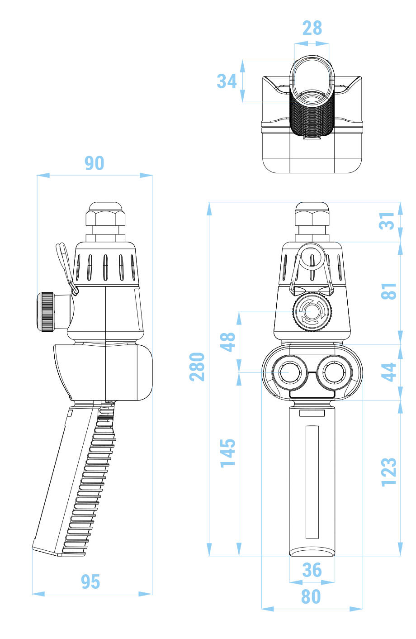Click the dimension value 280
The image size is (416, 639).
tap(197, 367)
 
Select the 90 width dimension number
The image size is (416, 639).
tap(94, 163)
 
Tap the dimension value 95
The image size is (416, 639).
tap(90, 582)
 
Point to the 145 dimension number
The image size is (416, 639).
tap(228, 453)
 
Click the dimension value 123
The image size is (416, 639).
tap(389, 472)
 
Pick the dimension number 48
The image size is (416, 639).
tap(228, 342)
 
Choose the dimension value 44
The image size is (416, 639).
tap(389, 372)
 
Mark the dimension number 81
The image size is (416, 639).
tap(389, 291)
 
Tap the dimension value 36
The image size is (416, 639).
tap(312, 570)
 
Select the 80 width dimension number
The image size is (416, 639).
tap(311, 597)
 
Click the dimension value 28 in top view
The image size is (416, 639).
tap(312, 28)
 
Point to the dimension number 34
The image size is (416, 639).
tap(227, 81)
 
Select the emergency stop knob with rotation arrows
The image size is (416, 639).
tap(312, 312)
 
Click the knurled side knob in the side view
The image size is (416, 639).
tap(46, 312)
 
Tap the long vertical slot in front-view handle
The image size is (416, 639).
tap(312, 482)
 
